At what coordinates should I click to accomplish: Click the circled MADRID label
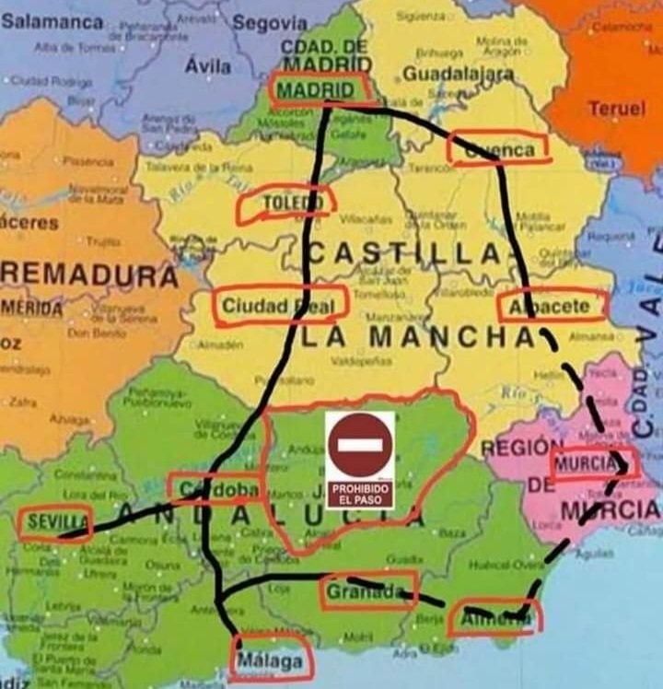point(316,89)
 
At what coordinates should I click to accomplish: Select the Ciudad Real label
point(279,305)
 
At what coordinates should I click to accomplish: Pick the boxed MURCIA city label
point(591,463)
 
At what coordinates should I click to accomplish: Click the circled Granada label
point(366,590)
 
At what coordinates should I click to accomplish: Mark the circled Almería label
point(494,621)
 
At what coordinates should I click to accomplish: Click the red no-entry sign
point(360,445)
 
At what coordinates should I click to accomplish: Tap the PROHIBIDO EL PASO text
point(360,492)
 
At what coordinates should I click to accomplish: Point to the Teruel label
point(616,109)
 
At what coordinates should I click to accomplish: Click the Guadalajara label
point(458,74)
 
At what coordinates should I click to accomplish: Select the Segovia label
point(269,22)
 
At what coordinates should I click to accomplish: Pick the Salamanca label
point(52,20)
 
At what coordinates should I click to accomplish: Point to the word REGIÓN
point(515,449)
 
